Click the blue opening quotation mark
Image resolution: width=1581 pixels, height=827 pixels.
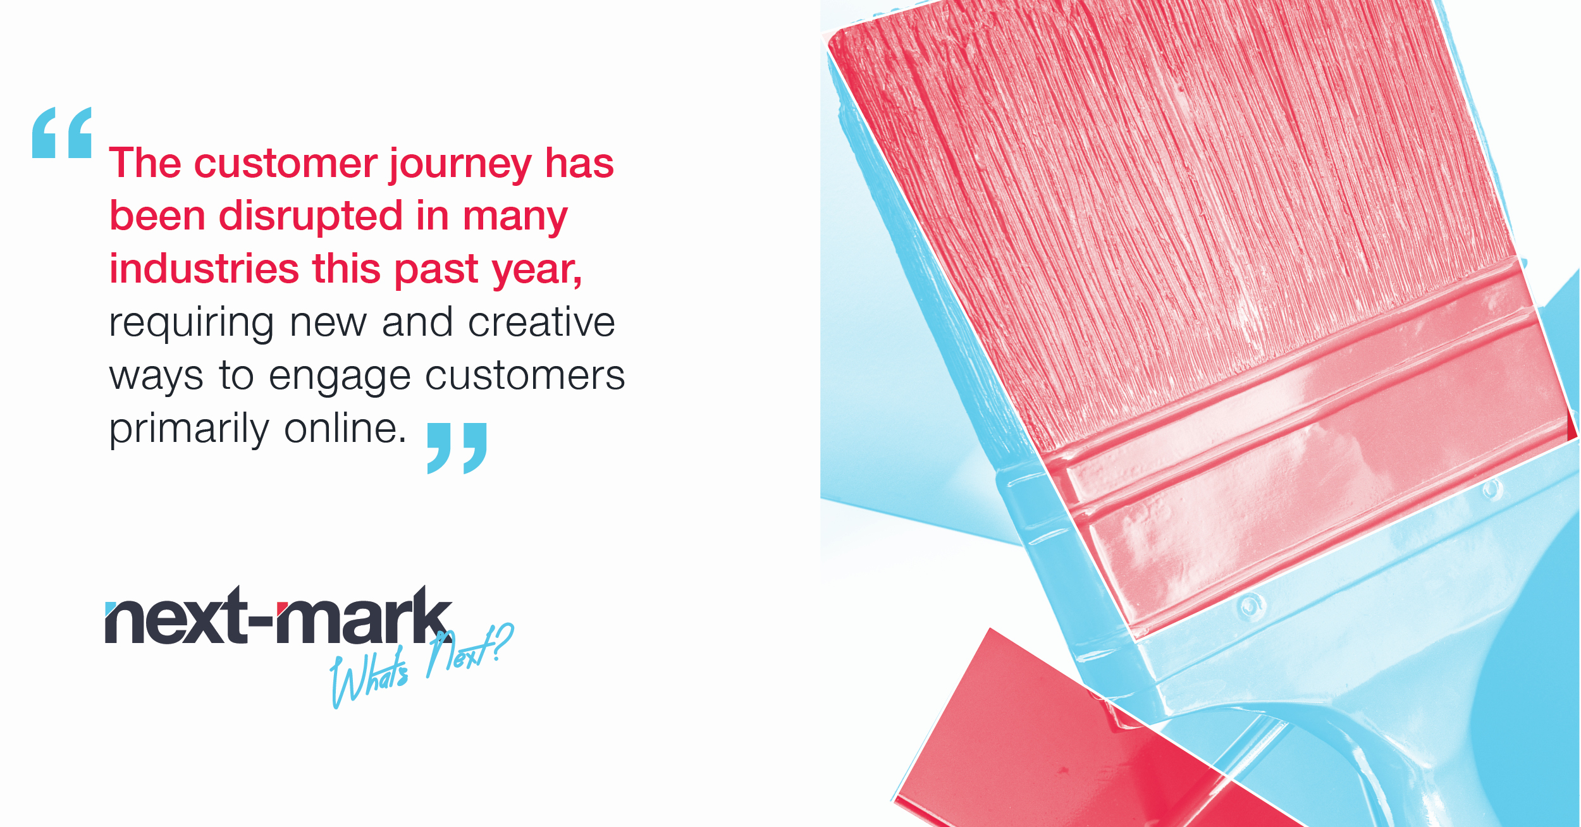[x=62, y=132]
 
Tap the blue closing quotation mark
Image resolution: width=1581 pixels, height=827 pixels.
[x=457, y=448]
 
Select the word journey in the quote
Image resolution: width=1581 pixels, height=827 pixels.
[x=460, y=165]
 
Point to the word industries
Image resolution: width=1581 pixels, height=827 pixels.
[x=204, y=268]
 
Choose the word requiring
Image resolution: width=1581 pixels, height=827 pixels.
[x=192, y=324]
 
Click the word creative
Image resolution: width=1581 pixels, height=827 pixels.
[x=541, y=322]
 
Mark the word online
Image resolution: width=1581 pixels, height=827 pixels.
[x=345, y=428]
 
